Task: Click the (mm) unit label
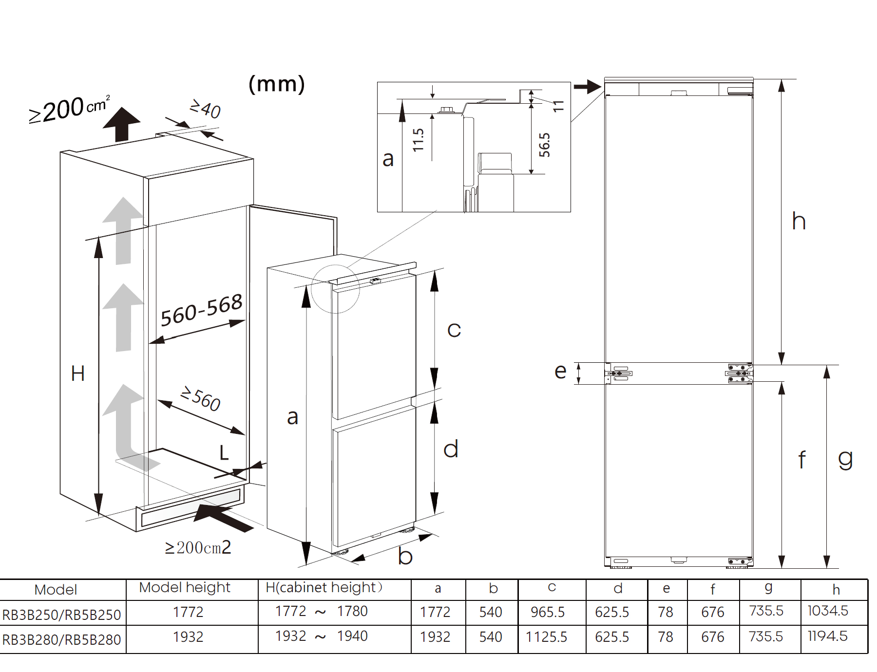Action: tap(277, 84)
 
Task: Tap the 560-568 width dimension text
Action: tap(201, 310)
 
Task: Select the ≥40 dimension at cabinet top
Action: tap(205, 109)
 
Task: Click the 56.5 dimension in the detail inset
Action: tap(544, 145)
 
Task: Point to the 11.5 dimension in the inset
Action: tap(418, 140)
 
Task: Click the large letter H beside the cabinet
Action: tap(78, 374)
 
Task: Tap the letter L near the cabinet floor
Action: tap(224, 453)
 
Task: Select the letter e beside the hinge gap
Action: tap(560, 372)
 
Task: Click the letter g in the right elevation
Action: tap(845, 459)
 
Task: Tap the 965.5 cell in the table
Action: tap(548, 612)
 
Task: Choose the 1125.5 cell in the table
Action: tap(547, 637)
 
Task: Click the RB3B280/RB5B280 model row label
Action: tap(61, 639)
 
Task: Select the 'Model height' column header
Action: tap(185, 587)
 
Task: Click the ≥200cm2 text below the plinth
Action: tap(198, 548)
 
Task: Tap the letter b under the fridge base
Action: tap(405, 557)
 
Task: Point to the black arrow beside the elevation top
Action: tap(587, 87)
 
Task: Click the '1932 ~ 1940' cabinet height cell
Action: tap(321, 636)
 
